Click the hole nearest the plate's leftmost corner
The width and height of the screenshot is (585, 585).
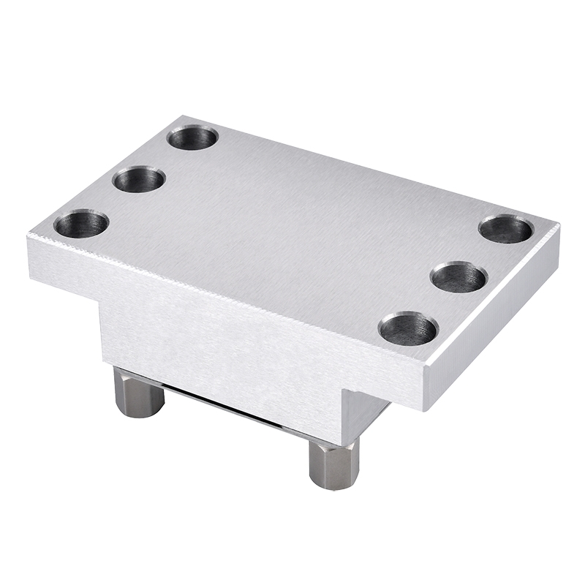pyautogui.click(x=80, y=224)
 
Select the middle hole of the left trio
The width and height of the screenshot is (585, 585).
pyautogui.click(x=138, y=179)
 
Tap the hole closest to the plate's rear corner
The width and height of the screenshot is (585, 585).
pyautogui.click(x=192, y=137)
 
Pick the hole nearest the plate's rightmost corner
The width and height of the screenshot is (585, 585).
pyautogui.click(x=505, y=229)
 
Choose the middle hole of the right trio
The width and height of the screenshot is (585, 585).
pyautogui.click(x=458, y=277)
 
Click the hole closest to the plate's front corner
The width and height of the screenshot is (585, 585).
pyautogui.click(x=408, y=329)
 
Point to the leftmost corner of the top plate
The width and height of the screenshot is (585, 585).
pyautogui.click(x=29, y=235)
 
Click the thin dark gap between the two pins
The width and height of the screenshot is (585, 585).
pyautogui.click(x=234, y=409)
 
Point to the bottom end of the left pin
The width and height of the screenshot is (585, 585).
pyautogui.click(x=138, y=413)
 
